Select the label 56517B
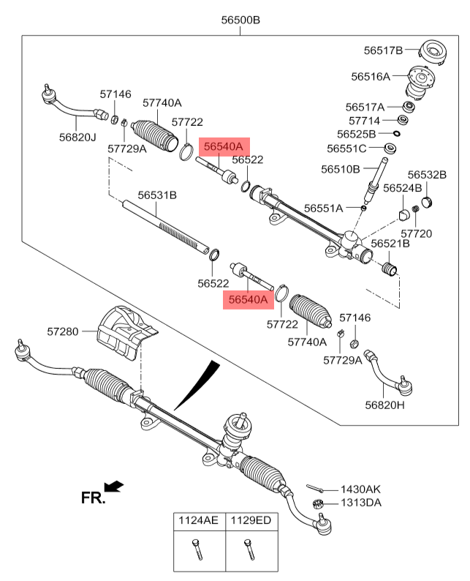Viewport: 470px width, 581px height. tap(384, 50)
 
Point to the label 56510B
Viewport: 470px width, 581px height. tap(340, 169)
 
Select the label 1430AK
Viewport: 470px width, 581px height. tap(361, 489)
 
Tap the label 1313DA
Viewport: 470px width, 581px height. tap(361, 503)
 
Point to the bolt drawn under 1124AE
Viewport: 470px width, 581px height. tap(198, 549)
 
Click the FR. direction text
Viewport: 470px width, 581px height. tap(93, 498)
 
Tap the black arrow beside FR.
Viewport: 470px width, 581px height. tap(114, 487)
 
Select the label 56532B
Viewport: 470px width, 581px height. tap(427, 175)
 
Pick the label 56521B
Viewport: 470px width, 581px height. tap(390, 243)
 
